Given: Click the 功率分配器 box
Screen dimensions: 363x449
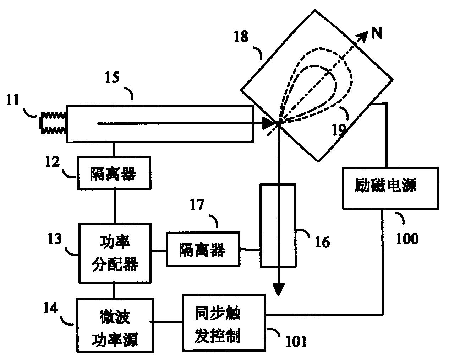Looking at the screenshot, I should coord(115,253).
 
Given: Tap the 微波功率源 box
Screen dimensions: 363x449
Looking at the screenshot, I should coord(115,325).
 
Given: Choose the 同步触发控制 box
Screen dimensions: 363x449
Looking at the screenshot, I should coord(224,322).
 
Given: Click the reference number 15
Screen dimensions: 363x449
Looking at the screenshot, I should coord(113,77).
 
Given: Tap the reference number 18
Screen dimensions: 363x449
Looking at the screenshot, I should coord(241,37).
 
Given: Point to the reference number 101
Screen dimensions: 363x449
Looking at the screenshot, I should coord(296,342).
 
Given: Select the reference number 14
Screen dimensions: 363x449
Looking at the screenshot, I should coord(51,309).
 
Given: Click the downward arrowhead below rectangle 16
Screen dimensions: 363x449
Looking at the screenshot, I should coord(279,290).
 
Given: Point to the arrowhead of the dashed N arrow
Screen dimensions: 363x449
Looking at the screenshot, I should coord(362,36).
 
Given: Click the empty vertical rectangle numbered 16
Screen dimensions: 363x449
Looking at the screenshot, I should coord(278,225).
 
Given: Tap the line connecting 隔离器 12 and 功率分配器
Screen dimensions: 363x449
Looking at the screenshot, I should coord(114,206).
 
